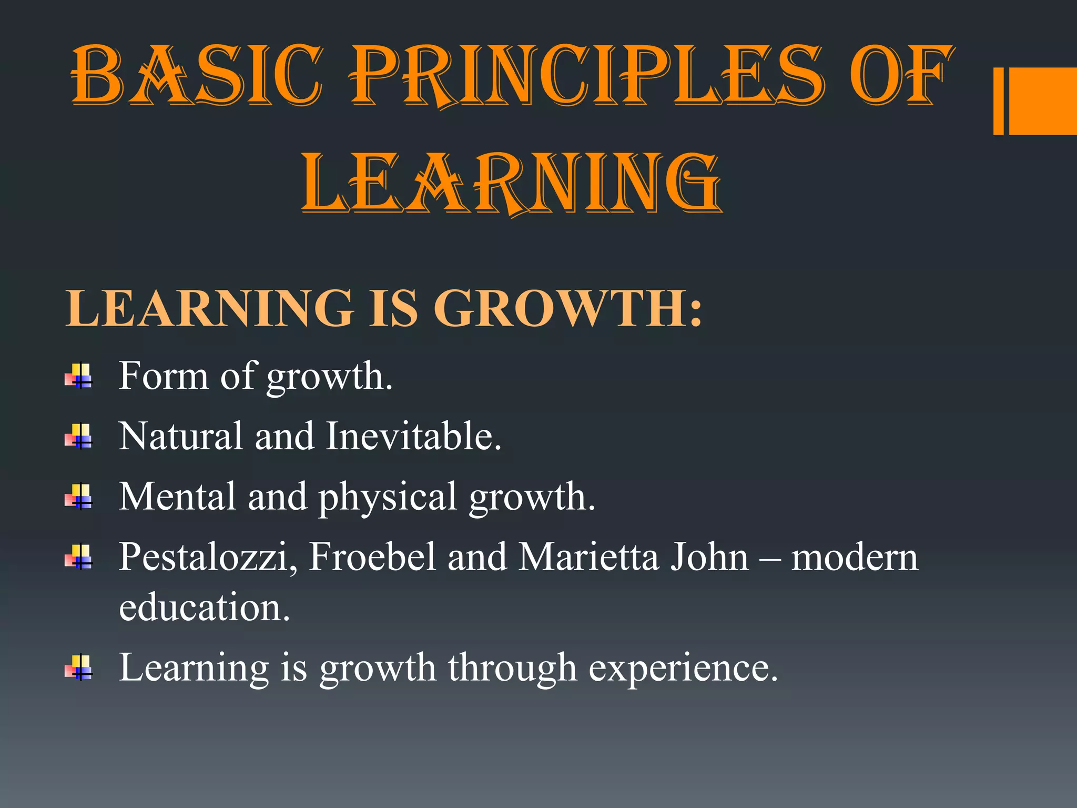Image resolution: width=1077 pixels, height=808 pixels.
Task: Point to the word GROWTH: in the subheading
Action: coord(568,309)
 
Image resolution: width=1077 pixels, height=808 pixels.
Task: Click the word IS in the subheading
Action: coord(393,309)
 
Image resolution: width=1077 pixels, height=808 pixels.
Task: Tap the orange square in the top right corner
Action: coord(1041,101)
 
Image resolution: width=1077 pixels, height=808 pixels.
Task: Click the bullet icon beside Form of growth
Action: coord(79,377)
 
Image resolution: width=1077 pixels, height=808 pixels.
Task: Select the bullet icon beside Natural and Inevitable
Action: coord(79,437)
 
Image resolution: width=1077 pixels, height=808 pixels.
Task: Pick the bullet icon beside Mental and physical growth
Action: coord(79,497)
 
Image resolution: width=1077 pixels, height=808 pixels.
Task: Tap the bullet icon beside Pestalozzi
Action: coord(79,557)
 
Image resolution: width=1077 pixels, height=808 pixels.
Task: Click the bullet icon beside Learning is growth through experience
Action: coord(79,668)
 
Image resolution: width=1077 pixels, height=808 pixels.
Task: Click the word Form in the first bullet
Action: coord(164,376)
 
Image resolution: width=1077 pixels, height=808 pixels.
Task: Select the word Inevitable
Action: coord(413,436)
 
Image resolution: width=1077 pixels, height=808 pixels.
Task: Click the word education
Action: coord(204,607)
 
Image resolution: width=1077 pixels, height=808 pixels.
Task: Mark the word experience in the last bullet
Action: coord(683,669)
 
